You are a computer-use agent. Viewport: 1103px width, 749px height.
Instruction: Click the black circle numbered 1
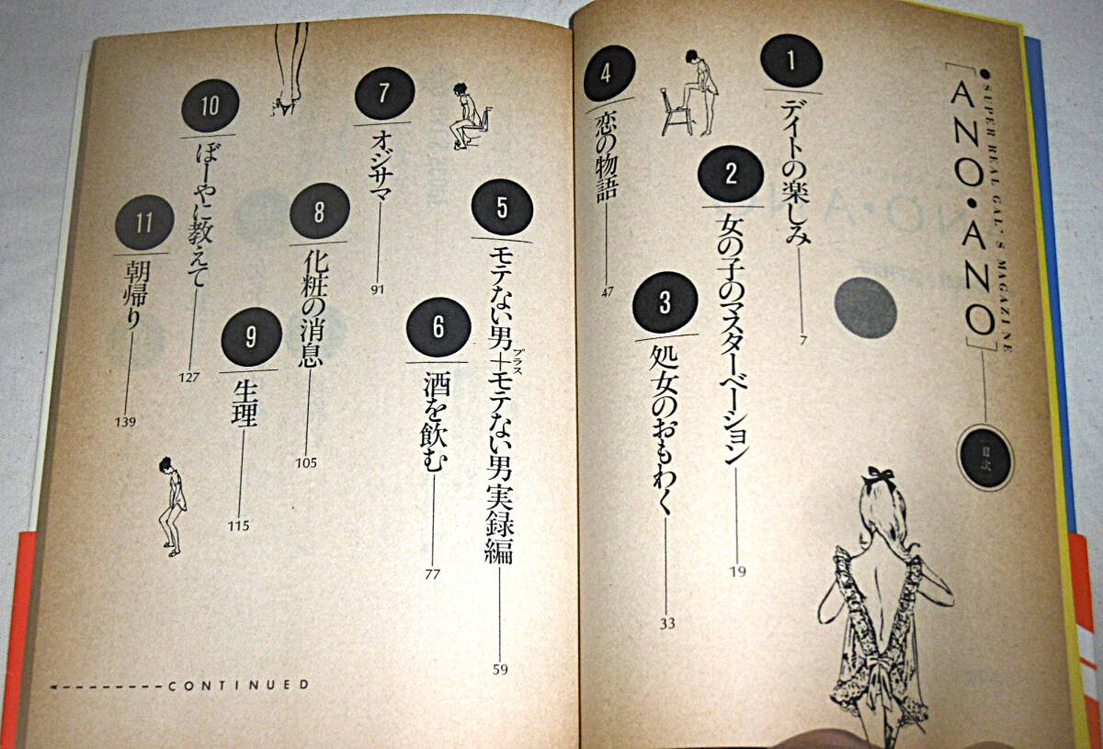(x=791, y=61)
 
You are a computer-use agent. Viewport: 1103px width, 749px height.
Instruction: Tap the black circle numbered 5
(x=502, y=209)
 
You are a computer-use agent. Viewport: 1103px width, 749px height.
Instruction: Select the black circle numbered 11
(x=144, y=223)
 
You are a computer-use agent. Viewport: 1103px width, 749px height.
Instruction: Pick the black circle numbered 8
(x=320, y=211)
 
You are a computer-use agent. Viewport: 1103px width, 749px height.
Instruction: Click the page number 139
(x=125, y=422)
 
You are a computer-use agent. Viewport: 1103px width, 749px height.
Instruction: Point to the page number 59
(x=500, y=670)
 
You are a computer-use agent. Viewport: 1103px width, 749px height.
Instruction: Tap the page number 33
(x=667, y=623)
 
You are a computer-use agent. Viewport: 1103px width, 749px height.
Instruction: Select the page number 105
(x=306, y=463)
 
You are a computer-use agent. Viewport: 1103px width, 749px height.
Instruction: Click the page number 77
(x=432, y=574)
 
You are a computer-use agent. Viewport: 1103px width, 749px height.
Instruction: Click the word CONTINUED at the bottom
(x=239, y=686)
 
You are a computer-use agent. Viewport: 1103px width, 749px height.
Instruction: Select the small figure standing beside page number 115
(x=171, y=507)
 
